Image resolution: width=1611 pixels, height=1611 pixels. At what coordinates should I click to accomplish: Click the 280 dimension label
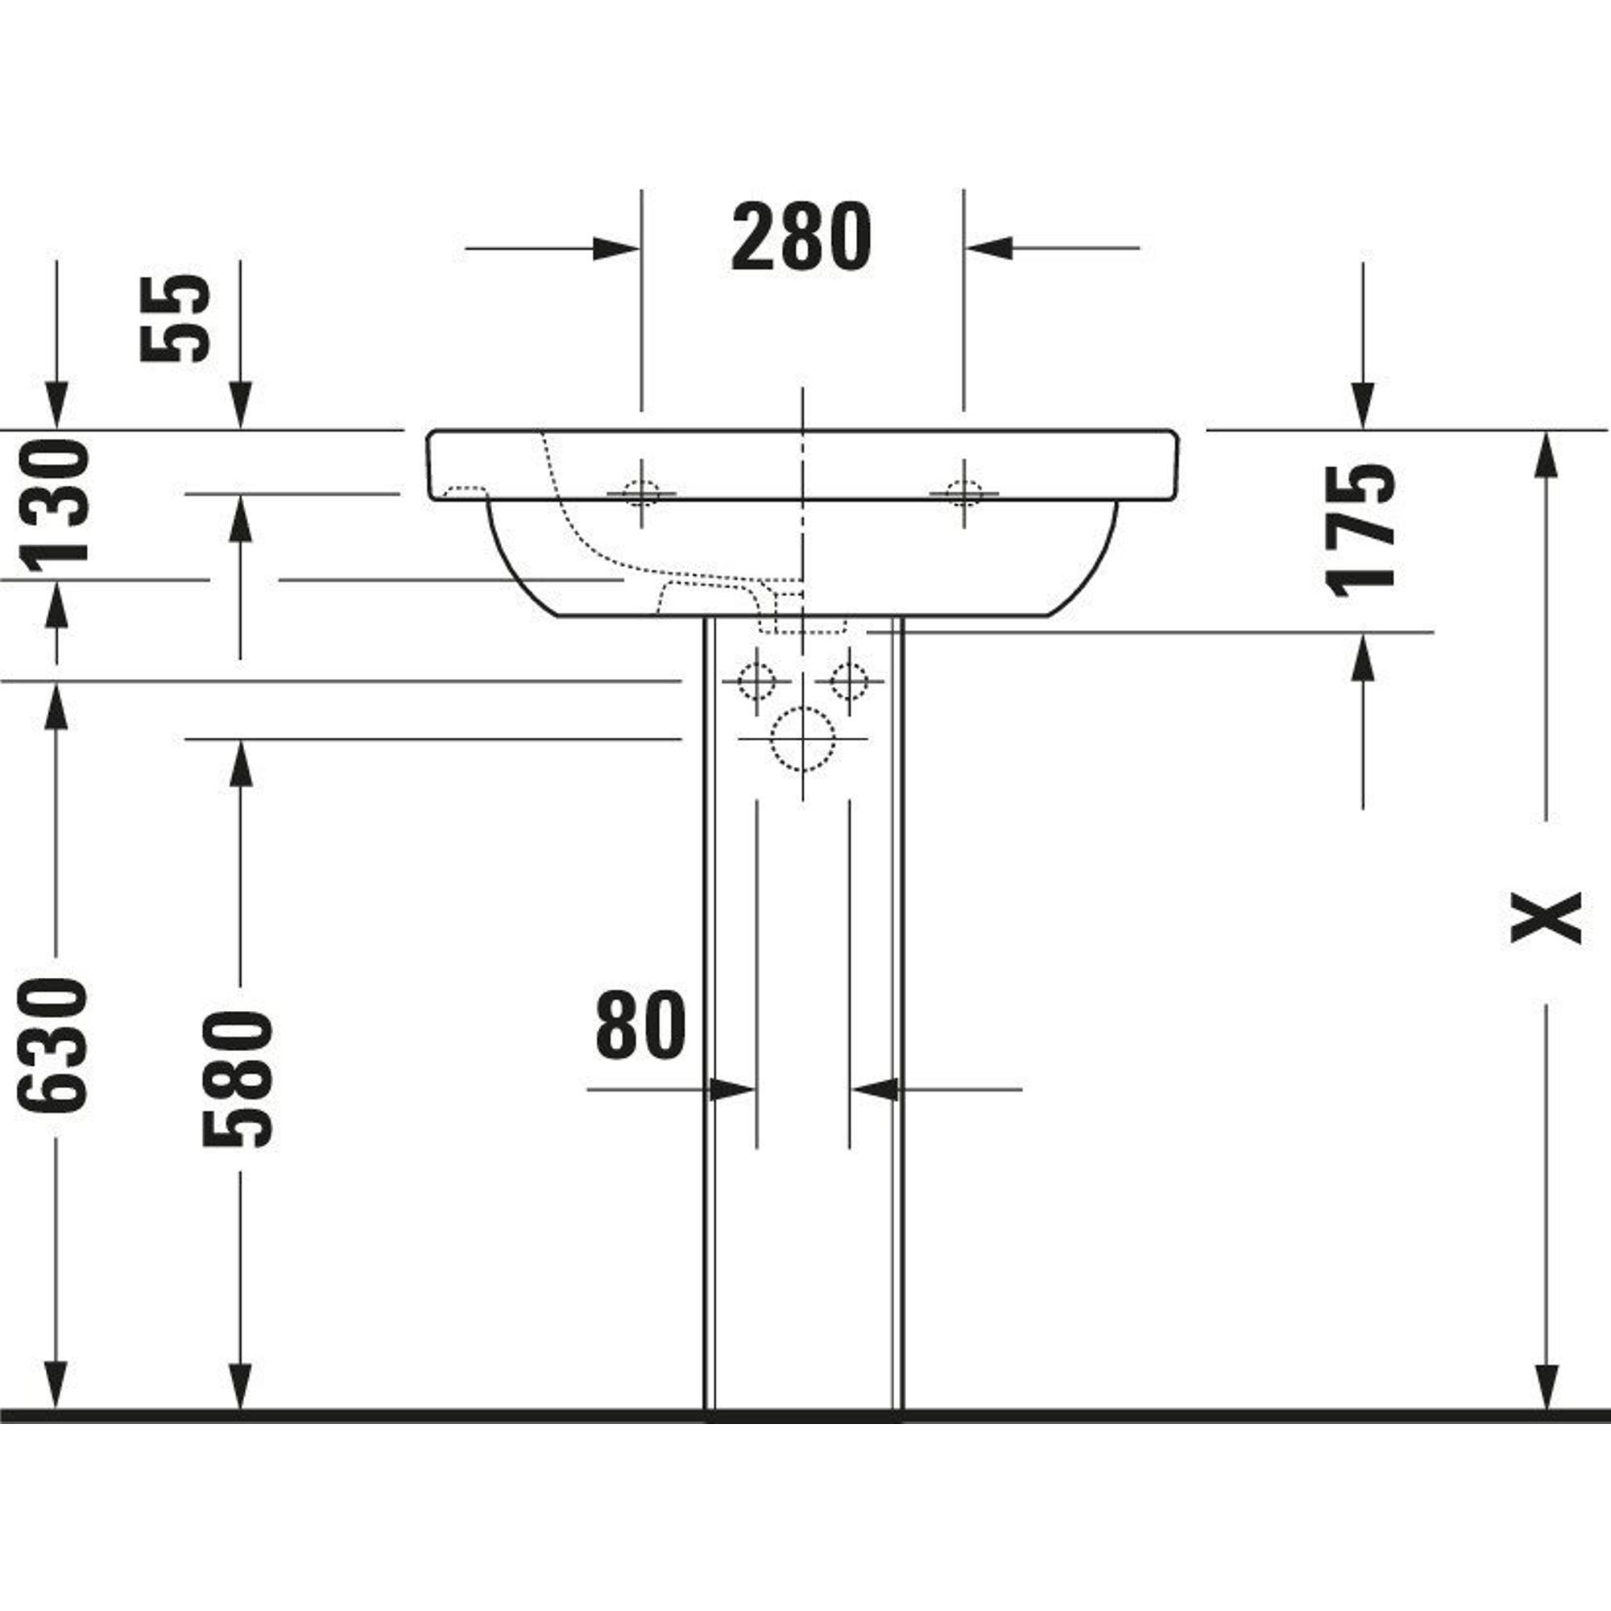click(x=801, y=238)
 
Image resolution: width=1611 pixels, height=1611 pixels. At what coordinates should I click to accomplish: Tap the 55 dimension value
click(x=175, y=318)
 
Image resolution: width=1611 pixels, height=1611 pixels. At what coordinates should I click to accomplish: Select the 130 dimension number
click(x=54, y=507)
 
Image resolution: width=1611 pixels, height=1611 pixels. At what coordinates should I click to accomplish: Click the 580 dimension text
click(x=238, y=1080)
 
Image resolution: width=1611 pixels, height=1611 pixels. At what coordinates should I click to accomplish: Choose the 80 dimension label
click(x=640, y=1025)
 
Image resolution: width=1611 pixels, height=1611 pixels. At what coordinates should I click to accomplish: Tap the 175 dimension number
click(x=1360, y=531)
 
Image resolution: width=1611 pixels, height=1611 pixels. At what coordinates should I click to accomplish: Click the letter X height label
click(x=1546, y=917)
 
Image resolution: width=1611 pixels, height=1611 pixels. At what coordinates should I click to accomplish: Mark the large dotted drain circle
click(x=802, y=739)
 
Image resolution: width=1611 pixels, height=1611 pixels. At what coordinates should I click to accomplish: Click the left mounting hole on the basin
click(x=641, y=494)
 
